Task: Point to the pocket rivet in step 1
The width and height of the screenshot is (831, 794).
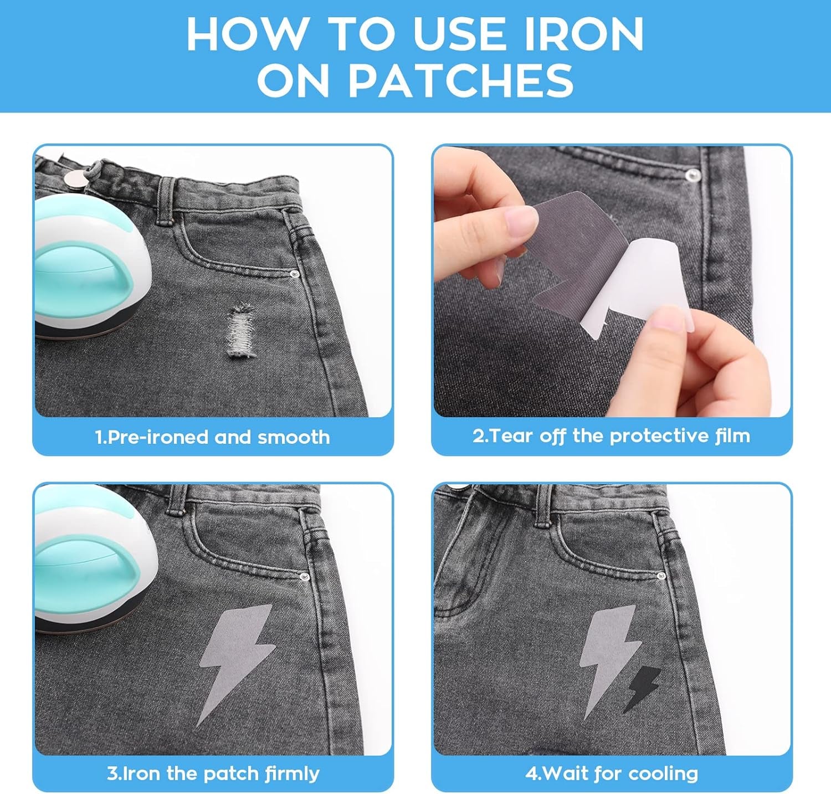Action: [295, 274]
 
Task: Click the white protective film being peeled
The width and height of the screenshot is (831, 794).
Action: [648, 288]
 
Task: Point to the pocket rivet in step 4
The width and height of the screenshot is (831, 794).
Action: [660, 577]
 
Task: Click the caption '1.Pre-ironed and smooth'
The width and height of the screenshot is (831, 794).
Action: [213, 437]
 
